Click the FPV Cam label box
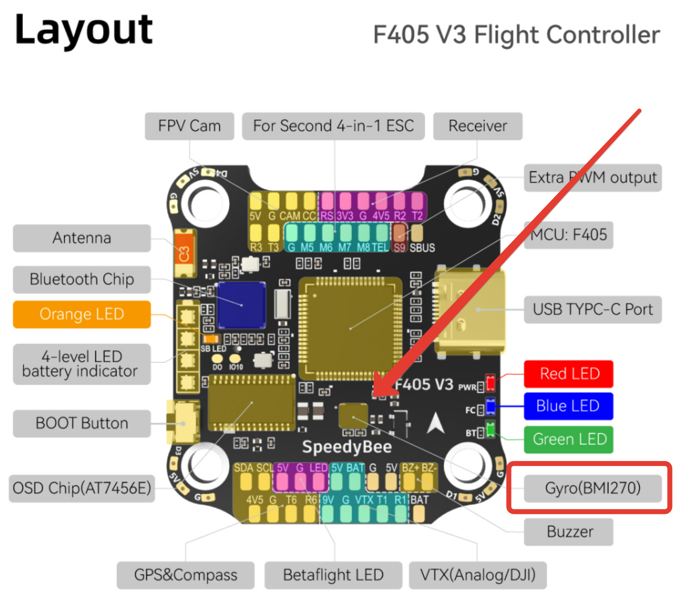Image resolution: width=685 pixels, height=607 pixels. (189, 126)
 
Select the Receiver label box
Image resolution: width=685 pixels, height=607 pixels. (478, 126)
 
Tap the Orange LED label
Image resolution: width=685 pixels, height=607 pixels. (82, 314)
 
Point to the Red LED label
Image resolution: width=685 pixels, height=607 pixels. (568, 374)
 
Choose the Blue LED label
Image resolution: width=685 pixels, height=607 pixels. (568, 406)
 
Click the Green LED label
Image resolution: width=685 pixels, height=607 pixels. (568, 439)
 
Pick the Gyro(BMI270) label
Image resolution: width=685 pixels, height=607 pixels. (593, 488)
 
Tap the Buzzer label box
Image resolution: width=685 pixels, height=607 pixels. (568, 532)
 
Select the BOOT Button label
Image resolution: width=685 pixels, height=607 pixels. (82, 423)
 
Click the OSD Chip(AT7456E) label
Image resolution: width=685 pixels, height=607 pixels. (82, 488)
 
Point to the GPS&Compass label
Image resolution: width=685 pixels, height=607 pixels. (186, 575)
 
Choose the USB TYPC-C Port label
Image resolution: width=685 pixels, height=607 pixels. (593, 309)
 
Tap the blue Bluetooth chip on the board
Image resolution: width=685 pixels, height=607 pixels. (241, 305)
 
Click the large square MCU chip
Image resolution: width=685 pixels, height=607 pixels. (350, 328)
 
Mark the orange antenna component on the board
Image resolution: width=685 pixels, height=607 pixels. (185, 253)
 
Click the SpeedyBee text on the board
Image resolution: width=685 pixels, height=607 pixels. (347, 447)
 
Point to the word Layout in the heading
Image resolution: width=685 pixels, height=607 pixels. (84, 30)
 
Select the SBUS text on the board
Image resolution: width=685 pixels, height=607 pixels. (422, 248)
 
